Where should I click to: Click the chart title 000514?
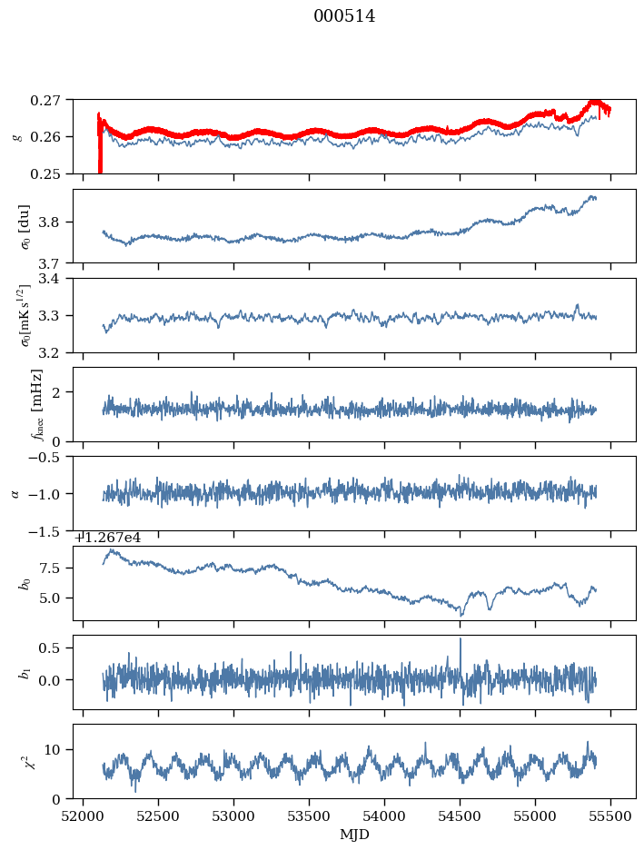pyautogui.click(x=344, y=16)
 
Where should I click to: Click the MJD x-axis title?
pyautogui.click(x=354, y=834)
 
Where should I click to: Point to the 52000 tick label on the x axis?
pyautogui.click(x=84, y=815)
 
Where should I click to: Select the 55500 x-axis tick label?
pyautogui.click(x=609, y=815)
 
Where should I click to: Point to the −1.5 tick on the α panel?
pyautogui.click(x=48, y=530)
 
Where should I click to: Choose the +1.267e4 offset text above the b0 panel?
pyautogui.click(x=107, y=538)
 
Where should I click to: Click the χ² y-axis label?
pyautogui.click(x=17, y=761)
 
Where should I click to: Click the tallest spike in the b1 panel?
pyautogui.click(x=460, y=639)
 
